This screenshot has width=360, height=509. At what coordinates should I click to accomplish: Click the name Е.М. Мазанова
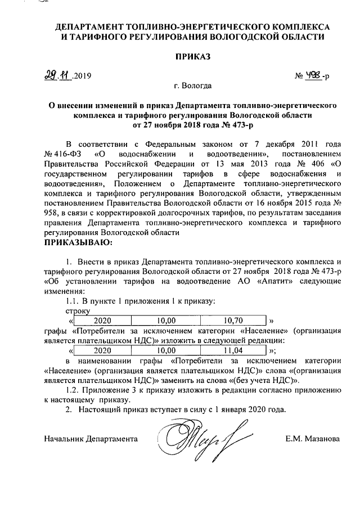coord(312,438)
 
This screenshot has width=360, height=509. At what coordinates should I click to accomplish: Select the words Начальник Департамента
coord(91,438)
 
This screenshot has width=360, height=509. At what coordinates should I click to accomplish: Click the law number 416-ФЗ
coord(66,154)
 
